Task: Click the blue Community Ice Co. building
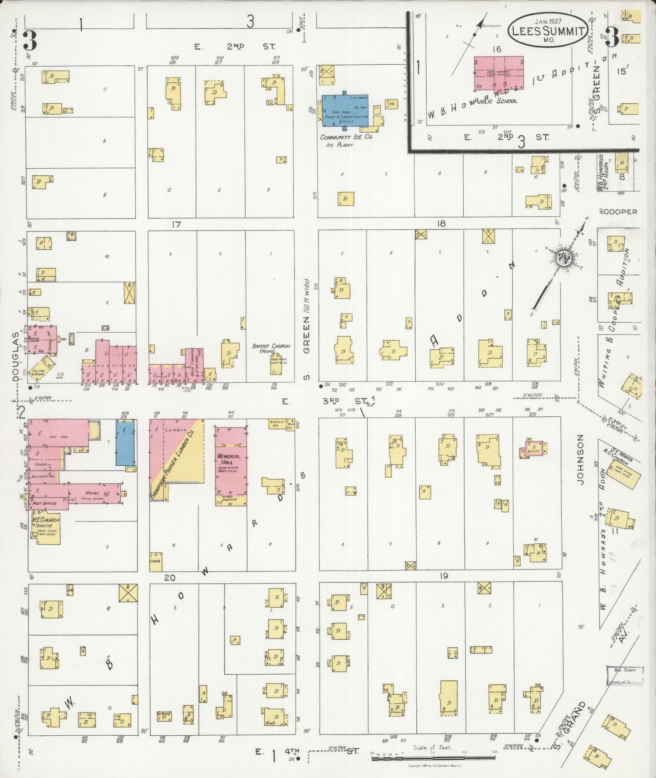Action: [x=346, y=111]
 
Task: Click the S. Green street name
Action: [x=306, y=350]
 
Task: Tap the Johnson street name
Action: [x=580, y=459]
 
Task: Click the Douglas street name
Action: [x=15, y=356]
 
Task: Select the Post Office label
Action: [x=45, y=503]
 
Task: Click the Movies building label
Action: [x=92, y=493]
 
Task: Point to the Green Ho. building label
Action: [x=277, y=424]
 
